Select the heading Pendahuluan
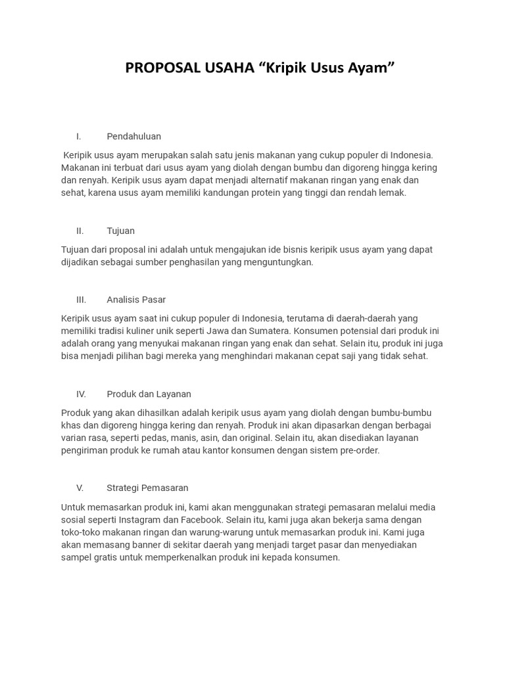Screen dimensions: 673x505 (x=133, y=136)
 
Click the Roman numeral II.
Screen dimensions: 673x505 (x=80, y=231)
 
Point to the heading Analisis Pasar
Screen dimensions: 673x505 (x=136, y=300)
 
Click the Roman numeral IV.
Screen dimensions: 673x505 (x=81, y=394)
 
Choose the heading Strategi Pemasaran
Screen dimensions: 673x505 (x=147, y=488)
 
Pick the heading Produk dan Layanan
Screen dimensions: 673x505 (x=149, y=394)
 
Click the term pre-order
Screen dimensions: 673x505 (x=356, y=450)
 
